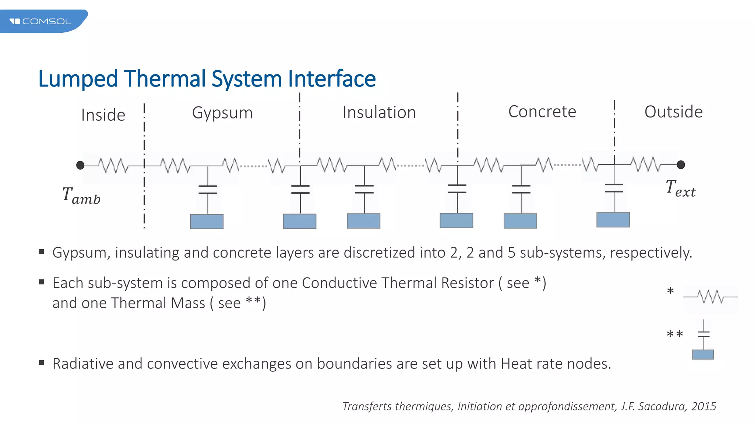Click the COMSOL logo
[x=40, y=21]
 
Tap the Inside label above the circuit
[x=103, y=115]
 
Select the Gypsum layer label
[x=222, y=113]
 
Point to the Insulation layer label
[x=379, y=113]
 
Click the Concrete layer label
[x=542, y=112]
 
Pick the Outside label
[x=673, y=112]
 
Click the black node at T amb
[x=80, y=165]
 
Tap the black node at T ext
[x=681, y=165]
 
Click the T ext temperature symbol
[x=680, y=189]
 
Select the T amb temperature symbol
[x=81, y=195]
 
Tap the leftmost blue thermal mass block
[x=207, y=222]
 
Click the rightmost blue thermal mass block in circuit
[x=613, y=220]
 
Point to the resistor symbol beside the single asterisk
[x=711, y=297]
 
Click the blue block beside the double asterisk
[x=703, y=354]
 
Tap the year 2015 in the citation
[x=704, y=406]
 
